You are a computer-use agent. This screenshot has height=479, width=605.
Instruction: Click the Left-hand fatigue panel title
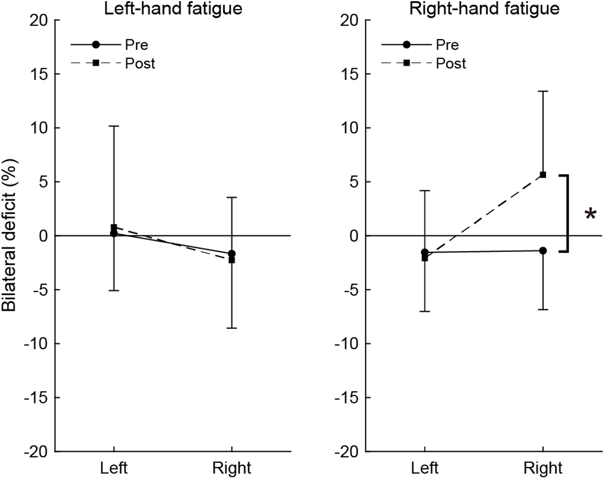click(173, 9)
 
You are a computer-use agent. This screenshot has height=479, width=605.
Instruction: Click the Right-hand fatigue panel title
click(484, 9)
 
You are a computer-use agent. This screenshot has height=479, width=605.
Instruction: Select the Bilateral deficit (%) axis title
click(9, 236)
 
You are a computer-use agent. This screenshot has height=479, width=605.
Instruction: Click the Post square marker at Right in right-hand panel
click(543, 175)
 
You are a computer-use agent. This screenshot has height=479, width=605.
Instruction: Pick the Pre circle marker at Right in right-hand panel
click(543, 251)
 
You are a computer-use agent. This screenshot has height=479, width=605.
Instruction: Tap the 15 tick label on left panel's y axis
click(39, 74)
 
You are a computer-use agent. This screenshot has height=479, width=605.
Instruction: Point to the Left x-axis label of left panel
click(114, 468)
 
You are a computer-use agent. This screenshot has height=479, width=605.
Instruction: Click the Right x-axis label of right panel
click(543, 468)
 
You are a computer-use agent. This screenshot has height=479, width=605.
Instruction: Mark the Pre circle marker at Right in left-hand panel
click(232, 253)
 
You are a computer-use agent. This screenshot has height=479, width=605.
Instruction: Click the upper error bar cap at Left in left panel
click(114, 126)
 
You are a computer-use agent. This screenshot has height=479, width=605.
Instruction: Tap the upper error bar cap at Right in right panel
click(543, 91)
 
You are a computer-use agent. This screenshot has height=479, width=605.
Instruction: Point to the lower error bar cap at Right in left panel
click(232, 328)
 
